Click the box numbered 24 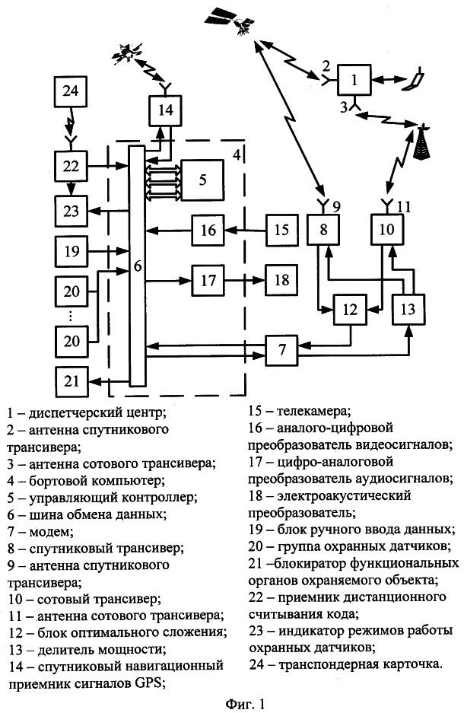tap(70, 91)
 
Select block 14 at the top tap(165, 110)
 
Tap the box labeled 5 tap(202, 180)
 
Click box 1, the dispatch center tap(354, 80)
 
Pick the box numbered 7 tap(281, 350)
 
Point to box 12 tap(350, 309)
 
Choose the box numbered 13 tap(408, 309)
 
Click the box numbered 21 tap(71, 381)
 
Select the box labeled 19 tap(71, 251)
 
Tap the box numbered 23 tap(71, 211)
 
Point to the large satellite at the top tap(230, 20)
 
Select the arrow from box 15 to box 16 tap(246, 231)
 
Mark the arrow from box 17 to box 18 tap(246, 281)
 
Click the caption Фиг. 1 tap(244, 704)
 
